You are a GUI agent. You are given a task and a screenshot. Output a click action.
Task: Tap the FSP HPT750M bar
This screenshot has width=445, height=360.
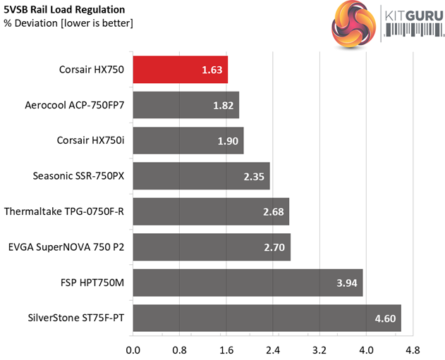click(248, 283)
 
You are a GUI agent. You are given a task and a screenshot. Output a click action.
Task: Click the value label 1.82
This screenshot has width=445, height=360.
click(224, 105)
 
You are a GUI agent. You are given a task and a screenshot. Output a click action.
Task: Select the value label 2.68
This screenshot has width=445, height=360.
click(273, 211)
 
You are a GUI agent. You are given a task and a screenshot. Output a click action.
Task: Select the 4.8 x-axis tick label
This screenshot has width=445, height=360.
click(413, 349)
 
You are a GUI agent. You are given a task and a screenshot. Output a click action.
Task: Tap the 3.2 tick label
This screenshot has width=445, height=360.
click(319, 349)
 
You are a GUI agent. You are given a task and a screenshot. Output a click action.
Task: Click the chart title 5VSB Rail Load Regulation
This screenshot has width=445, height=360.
click(64, 10)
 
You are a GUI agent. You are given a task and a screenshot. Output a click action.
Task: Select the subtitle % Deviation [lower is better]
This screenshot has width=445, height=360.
click(68, 24)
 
